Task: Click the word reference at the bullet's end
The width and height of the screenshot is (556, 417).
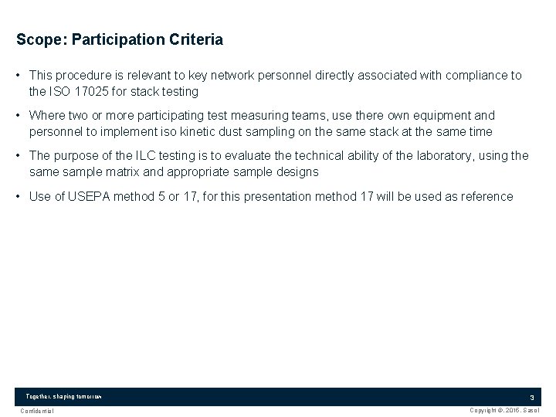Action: [486, 196]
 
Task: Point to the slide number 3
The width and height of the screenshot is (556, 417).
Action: [531, 397]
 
